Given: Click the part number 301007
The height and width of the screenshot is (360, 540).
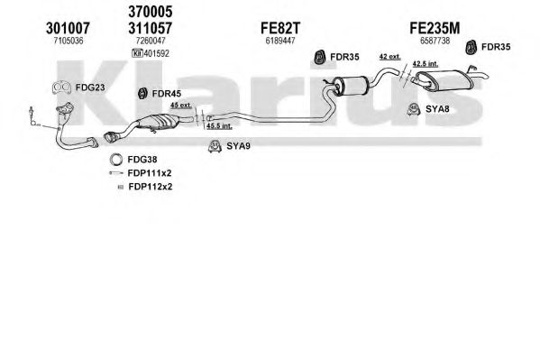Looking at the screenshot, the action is click(x=68, y=28).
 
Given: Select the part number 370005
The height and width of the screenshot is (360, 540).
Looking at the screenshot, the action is click(x=151, y=12).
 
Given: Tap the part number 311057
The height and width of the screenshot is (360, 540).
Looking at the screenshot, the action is click(x=151, y=28).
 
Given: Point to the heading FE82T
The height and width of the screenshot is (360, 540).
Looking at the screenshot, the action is click(x=280, y=28).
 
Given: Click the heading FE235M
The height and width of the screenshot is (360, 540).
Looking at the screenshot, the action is click(x=435, y=28).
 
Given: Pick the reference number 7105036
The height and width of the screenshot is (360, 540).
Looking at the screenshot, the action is click(x=69, y=41).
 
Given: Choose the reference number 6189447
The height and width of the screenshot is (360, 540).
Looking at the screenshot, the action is click(x=280, y=41).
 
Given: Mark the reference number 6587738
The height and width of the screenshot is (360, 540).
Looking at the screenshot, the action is click(x=435, y=41).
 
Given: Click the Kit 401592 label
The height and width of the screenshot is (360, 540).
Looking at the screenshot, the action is click(x=151, y=53).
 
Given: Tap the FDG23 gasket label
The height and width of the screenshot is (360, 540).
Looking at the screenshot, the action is click(x=90, y=88).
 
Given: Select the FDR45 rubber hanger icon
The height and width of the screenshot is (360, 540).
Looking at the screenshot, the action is click(x=142, y=94).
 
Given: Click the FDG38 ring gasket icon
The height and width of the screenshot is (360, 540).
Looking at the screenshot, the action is click(x=116, y=160).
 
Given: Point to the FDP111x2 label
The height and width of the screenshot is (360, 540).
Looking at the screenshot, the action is click(x=150, y=173).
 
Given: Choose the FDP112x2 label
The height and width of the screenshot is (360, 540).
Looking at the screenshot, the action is click(x=151, y=187).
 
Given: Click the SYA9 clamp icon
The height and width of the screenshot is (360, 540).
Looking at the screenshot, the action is click(x=215, y=146).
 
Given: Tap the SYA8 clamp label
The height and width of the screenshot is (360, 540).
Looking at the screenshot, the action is click(x=437, y=109).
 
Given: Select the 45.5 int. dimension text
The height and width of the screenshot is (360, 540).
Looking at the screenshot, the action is click(x=219, y=126).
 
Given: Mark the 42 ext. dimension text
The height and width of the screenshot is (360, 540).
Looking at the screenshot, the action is click(x=389, y=56).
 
